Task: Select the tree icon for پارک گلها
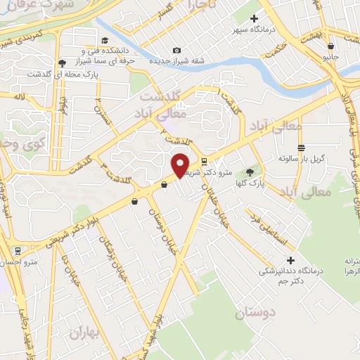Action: click(250, 172)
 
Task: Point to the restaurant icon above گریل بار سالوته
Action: click(302, 148)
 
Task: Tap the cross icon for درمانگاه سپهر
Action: click(255, 18)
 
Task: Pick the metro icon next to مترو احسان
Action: click(16, 250)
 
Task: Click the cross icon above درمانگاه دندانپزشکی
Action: click(291, 261)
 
